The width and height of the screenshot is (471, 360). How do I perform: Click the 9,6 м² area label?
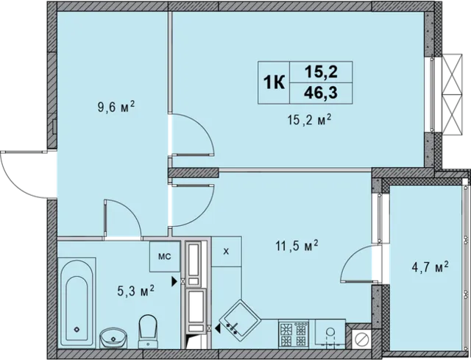point(116,107)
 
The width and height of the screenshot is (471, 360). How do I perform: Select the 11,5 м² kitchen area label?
point(297,247)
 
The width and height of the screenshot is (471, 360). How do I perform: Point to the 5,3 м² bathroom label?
point(135,291)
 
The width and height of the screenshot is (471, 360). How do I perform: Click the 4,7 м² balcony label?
point(430,267)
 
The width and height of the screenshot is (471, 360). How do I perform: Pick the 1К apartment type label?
point(274,82)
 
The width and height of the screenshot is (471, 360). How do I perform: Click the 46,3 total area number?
point(321,93)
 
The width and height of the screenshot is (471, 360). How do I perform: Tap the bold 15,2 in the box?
point(321,72)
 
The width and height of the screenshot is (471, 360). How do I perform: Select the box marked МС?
point(165,256)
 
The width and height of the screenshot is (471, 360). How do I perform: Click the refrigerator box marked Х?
point(227,252)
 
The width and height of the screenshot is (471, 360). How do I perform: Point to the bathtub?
point(77,303)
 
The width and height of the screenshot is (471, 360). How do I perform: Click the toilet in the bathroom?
point(148,331)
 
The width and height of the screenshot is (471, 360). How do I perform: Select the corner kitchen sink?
point(239,317)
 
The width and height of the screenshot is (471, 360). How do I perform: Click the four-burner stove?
point(294,333)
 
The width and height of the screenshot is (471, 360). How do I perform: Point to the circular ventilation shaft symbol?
point(361,339)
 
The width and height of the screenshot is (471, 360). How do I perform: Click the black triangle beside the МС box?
point(174,281)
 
